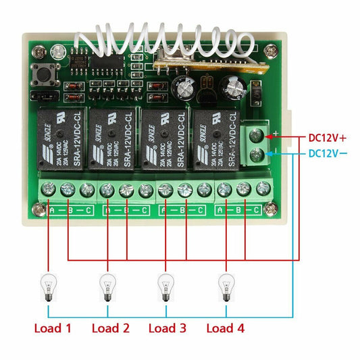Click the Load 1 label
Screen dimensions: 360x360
point(53,329)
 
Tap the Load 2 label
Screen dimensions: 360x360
point(110,329)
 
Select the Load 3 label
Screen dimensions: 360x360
point(168,329)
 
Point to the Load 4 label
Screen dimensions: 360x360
point(225,329)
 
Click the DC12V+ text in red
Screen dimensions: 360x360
point(327,137)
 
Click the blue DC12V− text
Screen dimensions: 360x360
point(327,153)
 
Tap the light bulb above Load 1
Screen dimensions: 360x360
point(48,286)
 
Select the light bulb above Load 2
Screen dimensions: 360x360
point(107,286)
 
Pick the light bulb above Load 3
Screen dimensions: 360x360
point(164,286)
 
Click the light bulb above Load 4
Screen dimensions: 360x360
point(224,286)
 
